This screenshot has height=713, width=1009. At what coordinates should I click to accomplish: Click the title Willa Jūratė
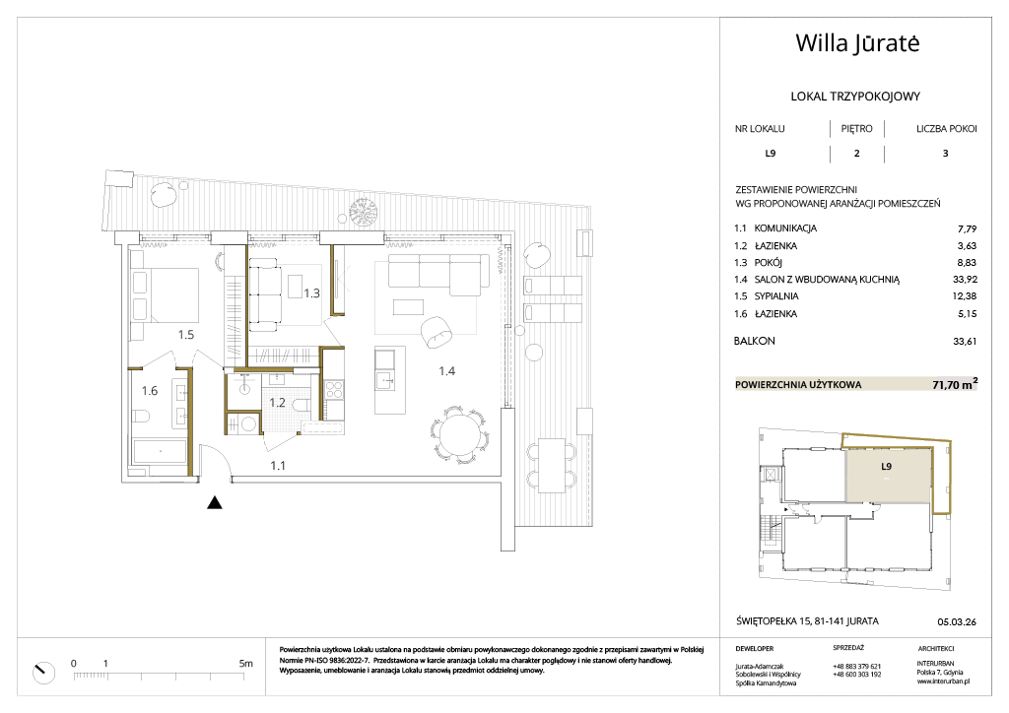[x=858, y=43]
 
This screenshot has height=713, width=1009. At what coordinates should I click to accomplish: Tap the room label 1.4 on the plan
[x=447, y=371]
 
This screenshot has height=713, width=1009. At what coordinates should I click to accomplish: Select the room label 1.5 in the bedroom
[x=186, y=334]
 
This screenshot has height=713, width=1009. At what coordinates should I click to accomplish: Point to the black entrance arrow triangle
[x=214, y=503]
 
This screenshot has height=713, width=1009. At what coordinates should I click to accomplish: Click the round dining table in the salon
[x=459, y=435]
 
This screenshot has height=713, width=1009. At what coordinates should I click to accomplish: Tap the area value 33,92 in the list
[x=965, y=279]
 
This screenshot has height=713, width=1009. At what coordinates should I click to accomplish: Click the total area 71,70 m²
[x=955, y=384]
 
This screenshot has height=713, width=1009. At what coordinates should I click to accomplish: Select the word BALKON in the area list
[x=754, y=341]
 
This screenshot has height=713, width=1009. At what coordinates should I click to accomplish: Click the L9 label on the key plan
[x=886, y=467]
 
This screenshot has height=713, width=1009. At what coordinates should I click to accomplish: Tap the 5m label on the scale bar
[x=245, y=664]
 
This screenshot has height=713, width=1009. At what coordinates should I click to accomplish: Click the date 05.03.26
[x=957, y=621]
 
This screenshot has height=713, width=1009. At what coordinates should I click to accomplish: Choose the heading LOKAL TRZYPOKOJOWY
[x=855, y=97]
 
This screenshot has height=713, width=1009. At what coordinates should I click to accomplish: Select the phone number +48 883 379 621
[x=856, y=667]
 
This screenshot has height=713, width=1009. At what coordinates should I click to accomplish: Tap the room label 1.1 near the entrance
[x=277, y=466]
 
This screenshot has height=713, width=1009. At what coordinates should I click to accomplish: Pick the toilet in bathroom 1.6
[x=141, y=418]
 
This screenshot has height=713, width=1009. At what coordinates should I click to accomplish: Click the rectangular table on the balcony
[x=552, y=466]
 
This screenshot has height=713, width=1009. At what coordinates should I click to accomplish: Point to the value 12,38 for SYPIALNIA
[x=965, y=295]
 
